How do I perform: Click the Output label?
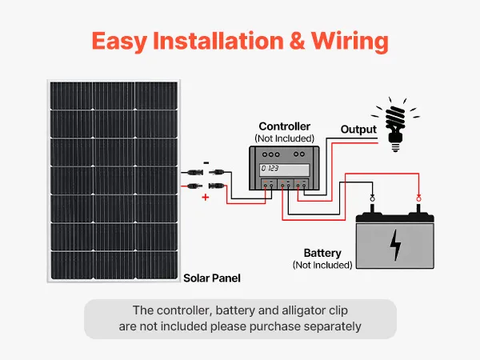pos(358,129)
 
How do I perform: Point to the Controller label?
pos(284,126)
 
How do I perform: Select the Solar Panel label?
pos(212,278)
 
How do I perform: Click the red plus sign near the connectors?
pos(206,197)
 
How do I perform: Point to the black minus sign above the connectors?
pos(206,163)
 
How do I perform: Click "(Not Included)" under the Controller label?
pos(284,138)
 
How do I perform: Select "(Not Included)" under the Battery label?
pos(322,265)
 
